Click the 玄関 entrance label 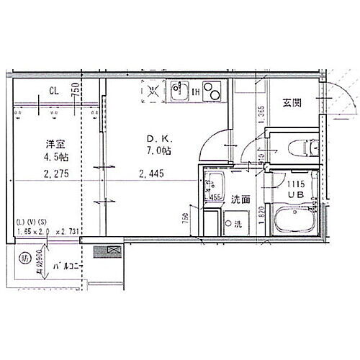coord(292,103)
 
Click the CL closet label coord(54,91)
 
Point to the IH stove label coord(196,91)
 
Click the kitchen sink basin coord(178,91)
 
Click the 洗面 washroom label coord(240,199)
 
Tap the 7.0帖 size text coord(160,152)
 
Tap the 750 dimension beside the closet coord(75,91)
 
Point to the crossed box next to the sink coord(153,91)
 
